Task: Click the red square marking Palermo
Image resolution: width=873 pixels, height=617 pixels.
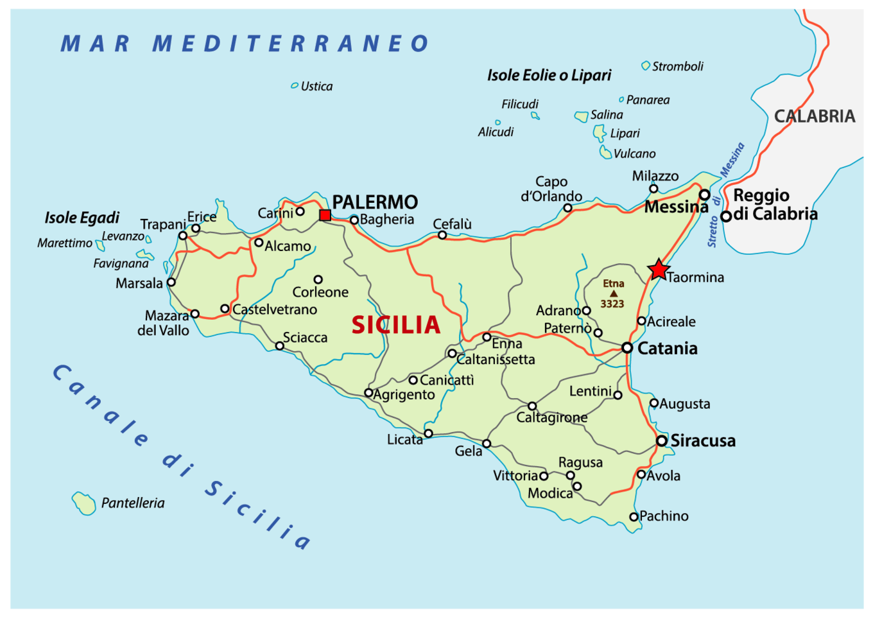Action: (325, 215)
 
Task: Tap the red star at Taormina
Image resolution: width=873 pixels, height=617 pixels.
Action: (659, 270)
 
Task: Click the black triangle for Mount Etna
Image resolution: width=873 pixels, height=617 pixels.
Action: (614, 293)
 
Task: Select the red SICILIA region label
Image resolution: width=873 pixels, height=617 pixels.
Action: (396, 325)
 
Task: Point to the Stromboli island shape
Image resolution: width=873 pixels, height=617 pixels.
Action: (646, 65)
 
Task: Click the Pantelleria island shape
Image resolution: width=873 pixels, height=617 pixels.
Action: (83, 503)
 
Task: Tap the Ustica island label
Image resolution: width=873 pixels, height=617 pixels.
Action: (316, 86)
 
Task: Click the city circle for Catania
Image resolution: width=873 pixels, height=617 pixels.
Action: (627, 347)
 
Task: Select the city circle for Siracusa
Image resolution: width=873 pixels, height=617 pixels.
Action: (662, 440)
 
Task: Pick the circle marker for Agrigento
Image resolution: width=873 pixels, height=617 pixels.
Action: (368, 393)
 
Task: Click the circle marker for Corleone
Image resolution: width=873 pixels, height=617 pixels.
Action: (318, 279)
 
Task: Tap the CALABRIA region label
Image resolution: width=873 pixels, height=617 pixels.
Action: (814, 116)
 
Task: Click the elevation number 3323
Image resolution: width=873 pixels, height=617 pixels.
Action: (612, 304)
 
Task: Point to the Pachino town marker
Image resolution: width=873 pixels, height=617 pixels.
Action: (634, 517)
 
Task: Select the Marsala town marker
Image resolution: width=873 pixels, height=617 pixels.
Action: (171, 282)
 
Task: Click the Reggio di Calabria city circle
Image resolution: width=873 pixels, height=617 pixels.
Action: (726, 216)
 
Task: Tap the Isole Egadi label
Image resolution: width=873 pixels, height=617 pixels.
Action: (82, 218)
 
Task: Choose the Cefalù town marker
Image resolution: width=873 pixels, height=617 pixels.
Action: (442, 235)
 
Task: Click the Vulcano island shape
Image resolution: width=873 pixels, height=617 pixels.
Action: (605, 152)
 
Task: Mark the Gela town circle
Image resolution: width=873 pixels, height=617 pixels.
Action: (487, 444)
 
